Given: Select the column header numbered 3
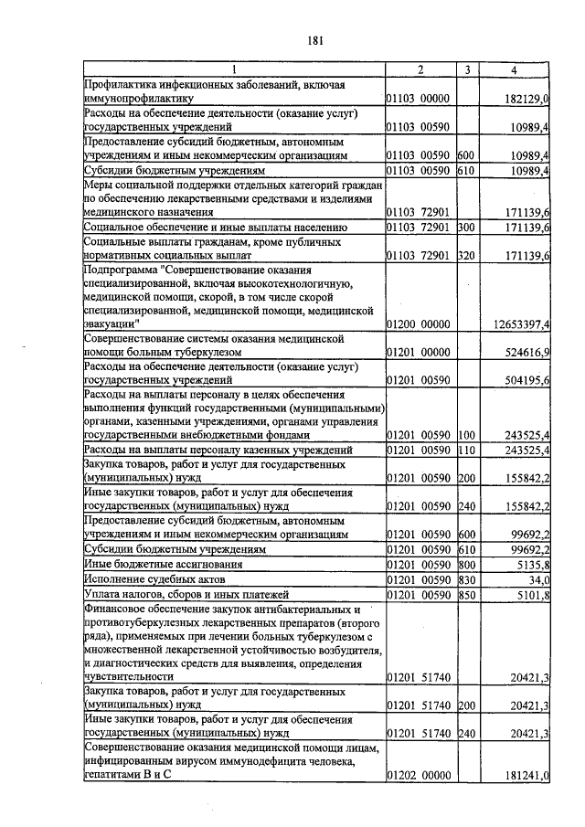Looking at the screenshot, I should [467, 70].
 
